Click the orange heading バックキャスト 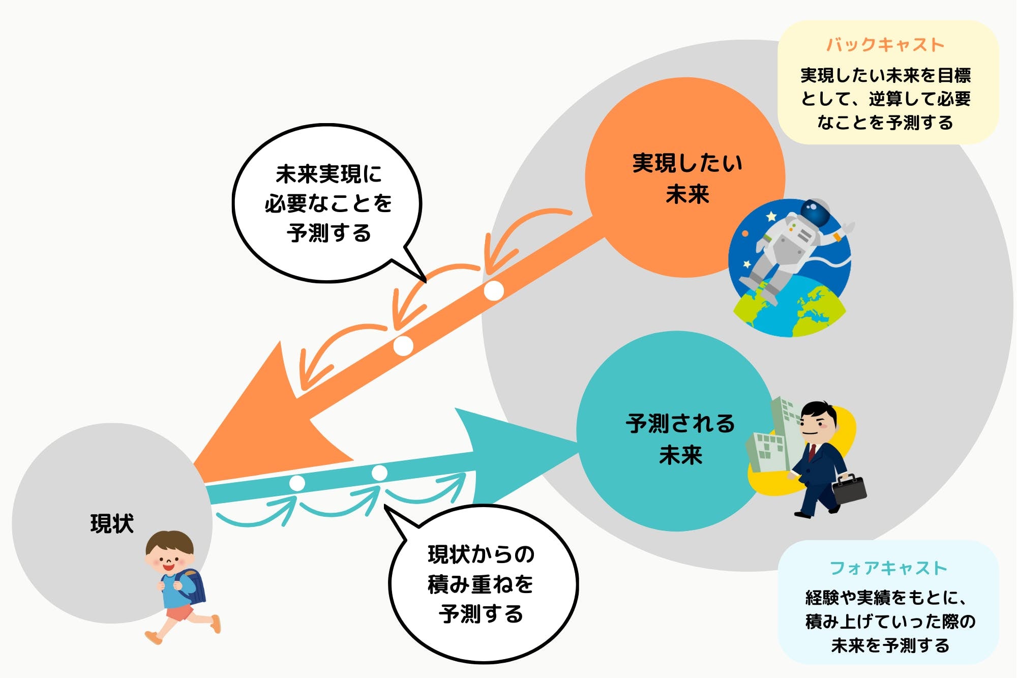[885, 45]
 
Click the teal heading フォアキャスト [888, 568]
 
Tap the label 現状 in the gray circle [112, 523]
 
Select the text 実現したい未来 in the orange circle [687, 178]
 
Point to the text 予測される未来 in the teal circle [680, 439]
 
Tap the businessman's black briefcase [849, 489]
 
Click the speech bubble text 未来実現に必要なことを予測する [328, 203]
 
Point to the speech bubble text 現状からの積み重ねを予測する [481, 584]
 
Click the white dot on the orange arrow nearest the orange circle [493, 291]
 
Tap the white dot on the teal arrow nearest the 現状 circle [297, 483]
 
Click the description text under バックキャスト [885, 99]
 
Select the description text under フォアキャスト [890, 622]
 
